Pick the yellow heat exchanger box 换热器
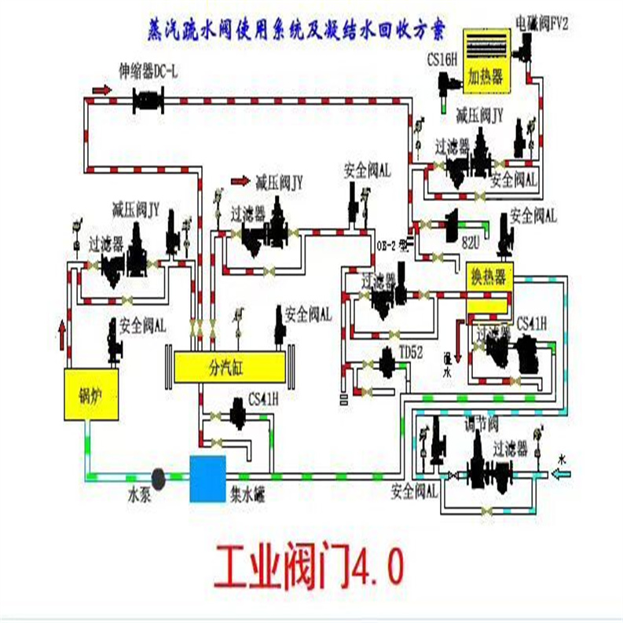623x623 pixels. [x=487, y=277]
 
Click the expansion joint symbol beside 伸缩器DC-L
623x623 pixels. [x=148, y=100]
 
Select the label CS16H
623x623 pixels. [x=443, y=60]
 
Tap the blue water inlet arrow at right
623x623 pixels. [x=566, y=473]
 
